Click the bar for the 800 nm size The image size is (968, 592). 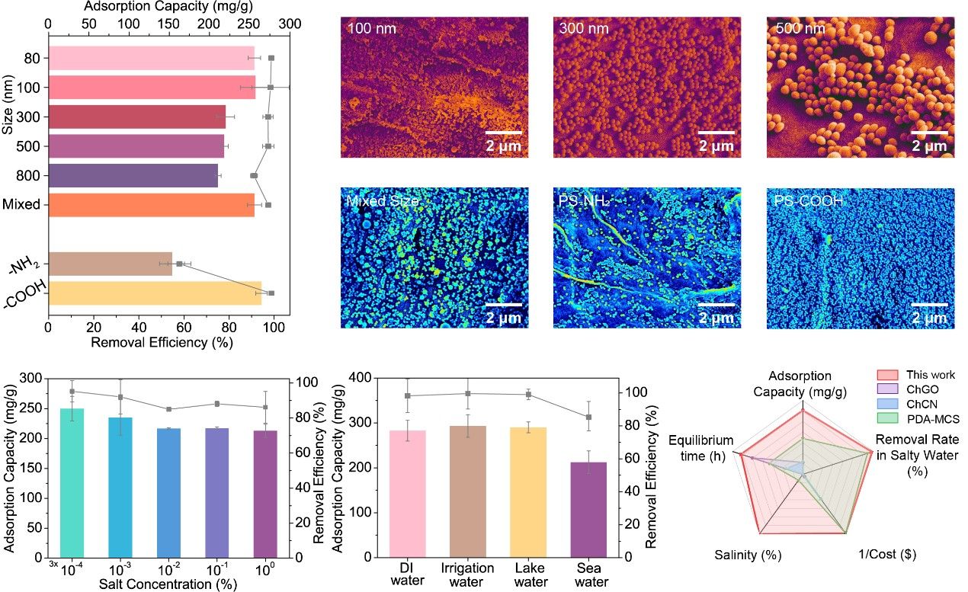coord(133,176)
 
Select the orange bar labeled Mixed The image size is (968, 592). coord(151,205)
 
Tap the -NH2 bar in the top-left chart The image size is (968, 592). coord(110,264)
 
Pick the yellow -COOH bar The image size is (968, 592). coord(154,293)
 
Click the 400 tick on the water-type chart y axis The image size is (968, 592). coord(363,379)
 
